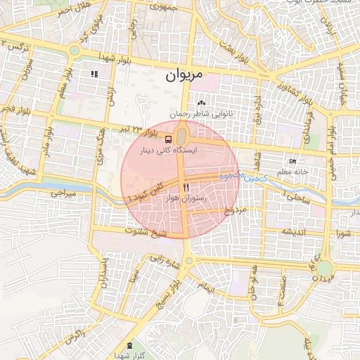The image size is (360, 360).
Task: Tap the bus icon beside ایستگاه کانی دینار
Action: (167, 139)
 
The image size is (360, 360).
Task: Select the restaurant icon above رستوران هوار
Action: (186, 187)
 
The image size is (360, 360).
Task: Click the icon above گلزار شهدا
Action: (129, 345)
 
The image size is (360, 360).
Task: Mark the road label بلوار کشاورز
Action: (292, 90)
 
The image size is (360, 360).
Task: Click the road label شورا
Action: (343, 231)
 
